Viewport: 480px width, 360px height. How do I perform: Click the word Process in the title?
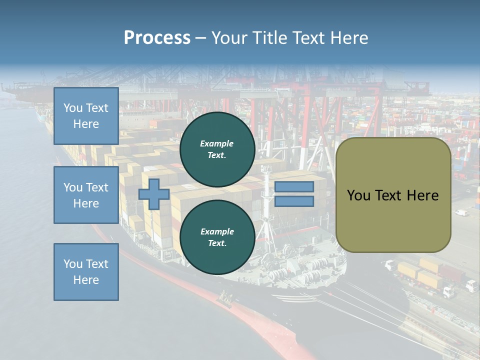pos(157,38)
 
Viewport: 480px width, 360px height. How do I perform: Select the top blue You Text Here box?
pos(86,116)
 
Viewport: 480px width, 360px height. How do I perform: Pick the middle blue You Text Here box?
pos(86,195)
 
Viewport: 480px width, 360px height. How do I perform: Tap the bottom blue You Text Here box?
pos(86,272)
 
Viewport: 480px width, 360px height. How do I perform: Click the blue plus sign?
pos(154,194)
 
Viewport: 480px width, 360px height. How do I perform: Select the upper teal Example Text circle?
pos(217,149)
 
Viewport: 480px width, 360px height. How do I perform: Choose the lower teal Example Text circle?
pos(217,237)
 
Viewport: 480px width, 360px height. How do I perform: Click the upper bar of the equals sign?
pos(294,187)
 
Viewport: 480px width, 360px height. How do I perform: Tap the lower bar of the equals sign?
pos(294,201)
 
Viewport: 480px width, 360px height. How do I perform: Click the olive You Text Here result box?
pos(393,215)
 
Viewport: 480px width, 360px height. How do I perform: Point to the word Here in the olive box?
pos(422,195)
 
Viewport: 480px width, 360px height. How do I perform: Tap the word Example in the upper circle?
pos(217,143)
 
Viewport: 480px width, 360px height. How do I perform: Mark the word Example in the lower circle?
pos(217,231)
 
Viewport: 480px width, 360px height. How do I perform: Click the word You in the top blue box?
pos(72,108)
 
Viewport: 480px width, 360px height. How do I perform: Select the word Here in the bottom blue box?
pos(86,280)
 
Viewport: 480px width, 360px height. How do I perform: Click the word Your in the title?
pos(229,38)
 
